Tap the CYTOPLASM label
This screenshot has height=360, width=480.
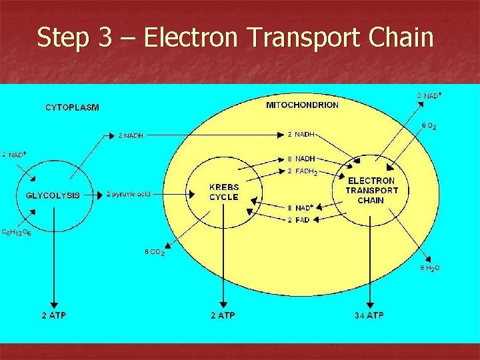(x=72, y=107)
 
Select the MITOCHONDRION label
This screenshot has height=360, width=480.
(x=302, y=105)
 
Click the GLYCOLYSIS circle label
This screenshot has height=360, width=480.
(x=53, y=195)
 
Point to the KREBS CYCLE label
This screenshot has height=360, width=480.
(x=223, y=193)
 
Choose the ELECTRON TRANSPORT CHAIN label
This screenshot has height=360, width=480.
(x=371, y=190)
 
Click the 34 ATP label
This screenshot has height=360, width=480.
(x=369, y=315)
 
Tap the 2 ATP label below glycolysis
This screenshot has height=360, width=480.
(x=53, y=315)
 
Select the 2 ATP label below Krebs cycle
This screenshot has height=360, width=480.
(x=222, y=315)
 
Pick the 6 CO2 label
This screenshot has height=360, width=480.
(x=155, y=253)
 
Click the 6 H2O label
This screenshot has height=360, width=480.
(x=429, y=268)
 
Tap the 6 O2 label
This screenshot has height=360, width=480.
(x=428, y=126)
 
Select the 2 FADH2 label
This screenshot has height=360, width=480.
(x=302, y=172)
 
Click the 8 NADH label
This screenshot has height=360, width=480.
(x=301, y=159)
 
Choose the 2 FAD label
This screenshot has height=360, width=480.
(x=298, y=220)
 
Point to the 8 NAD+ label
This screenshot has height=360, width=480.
(x=301, y=207)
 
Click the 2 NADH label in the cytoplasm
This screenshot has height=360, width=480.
(x=131, y=136)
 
